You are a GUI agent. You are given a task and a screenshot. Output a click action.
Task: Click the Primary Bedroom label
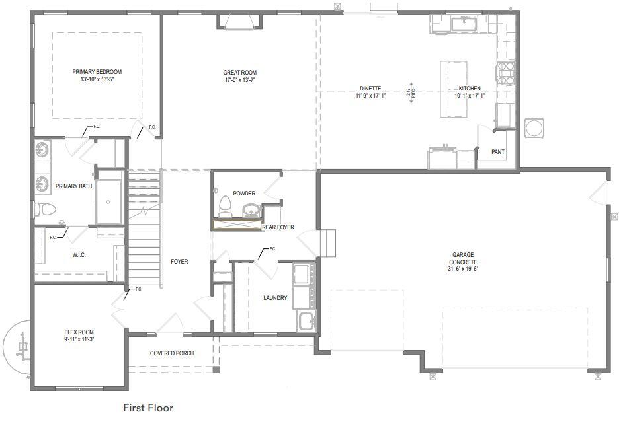pos(97,72)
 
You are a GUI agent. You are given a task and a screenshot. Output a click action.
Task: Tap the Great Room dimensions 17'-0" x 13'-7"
pos(239,80)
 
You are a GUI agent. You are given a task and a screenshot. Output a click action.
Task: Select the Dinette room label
pos(370,88)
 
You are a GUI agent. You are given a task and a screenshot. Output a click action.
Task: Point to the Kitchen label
pos(470,89)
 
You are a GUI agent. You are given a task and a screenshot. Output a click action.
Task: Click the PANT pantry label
pos(498,152)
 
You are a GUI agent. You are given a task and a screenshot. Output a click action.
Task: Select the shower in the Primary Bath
pos(109,199)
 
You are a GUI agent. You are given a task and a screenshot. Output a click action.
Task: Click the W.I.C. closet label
pos(79,255)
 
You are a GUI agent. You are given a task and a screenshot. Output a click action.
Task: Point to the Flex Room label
pos(79,332)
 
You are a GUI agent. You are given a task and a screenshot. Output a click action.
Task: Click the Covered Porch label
pos(172,353)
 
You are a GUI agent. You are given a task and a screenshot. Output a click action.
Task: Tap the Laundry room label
pos(275,298)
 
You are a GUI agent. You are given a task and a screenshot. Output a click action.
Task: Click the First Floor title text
pos(148,408)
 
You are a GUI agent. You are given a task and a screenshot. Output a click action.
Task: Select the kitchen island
pos(454,89)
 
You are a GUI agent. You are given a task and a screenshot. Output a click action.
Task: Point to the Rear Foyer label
pos(278,227)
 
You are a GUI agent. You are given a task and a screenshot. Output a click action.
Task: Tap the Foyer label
pos(179,262)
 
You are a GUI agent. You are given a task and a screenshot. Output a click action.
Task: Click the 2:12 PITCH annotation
pos(411,92)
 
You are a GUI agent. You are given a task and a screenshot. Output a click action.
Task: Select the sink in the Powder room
pos(251,210)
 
